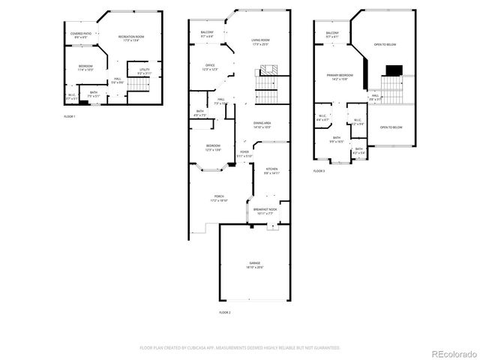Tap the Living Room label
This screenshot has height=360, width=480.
261,41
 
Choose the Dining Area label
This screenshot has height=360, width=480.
262,124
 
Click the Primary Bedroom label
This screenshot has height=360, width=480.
340,76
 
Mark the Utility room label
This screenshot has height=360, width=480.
145,71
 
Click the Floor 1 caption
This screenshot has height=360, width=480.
70,118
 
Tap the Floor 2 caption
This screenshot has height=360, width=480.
225,311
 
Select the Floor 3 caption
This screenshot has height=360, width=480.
319,171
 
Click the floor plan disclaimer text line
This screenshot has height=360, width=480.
240,348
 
